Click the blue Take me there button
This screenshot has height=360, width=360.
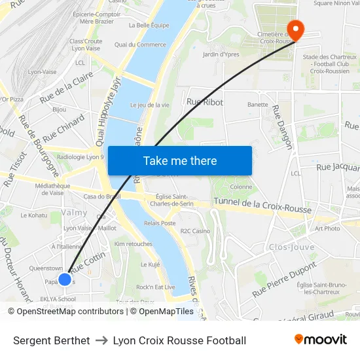[x=180, y=160]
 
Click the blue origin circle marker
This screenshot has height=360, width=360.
[x=65, y=279]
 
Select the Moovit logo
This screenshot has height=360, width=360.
[x=321, y=340]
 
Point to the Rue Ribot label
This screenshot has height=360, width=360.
[x=205, y=102]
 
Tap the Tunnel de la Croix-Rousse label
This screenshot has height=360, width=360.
[x=262, y=205]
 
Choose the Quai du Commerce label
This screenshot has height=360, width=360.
[x=140, y=45]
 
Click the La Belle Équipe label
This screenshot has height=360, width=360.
[x=149, y=26]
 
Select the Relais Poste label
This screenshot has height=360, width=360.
[x=160, y=223]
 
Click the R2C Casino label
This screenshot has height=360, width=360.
[x=195, y=231]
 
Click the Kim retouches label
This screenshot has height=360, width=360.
[x=133, y=243]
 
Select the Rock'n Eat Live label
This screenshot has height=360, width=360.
[x=155, y=287]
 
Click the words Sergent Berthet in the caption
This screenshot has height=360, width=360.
[x=52, y=340]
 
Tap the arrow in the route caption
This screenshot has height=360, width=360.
[x=101, y=340]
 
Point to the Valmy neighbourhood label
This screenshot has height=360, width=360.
[x=74, y=213]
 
